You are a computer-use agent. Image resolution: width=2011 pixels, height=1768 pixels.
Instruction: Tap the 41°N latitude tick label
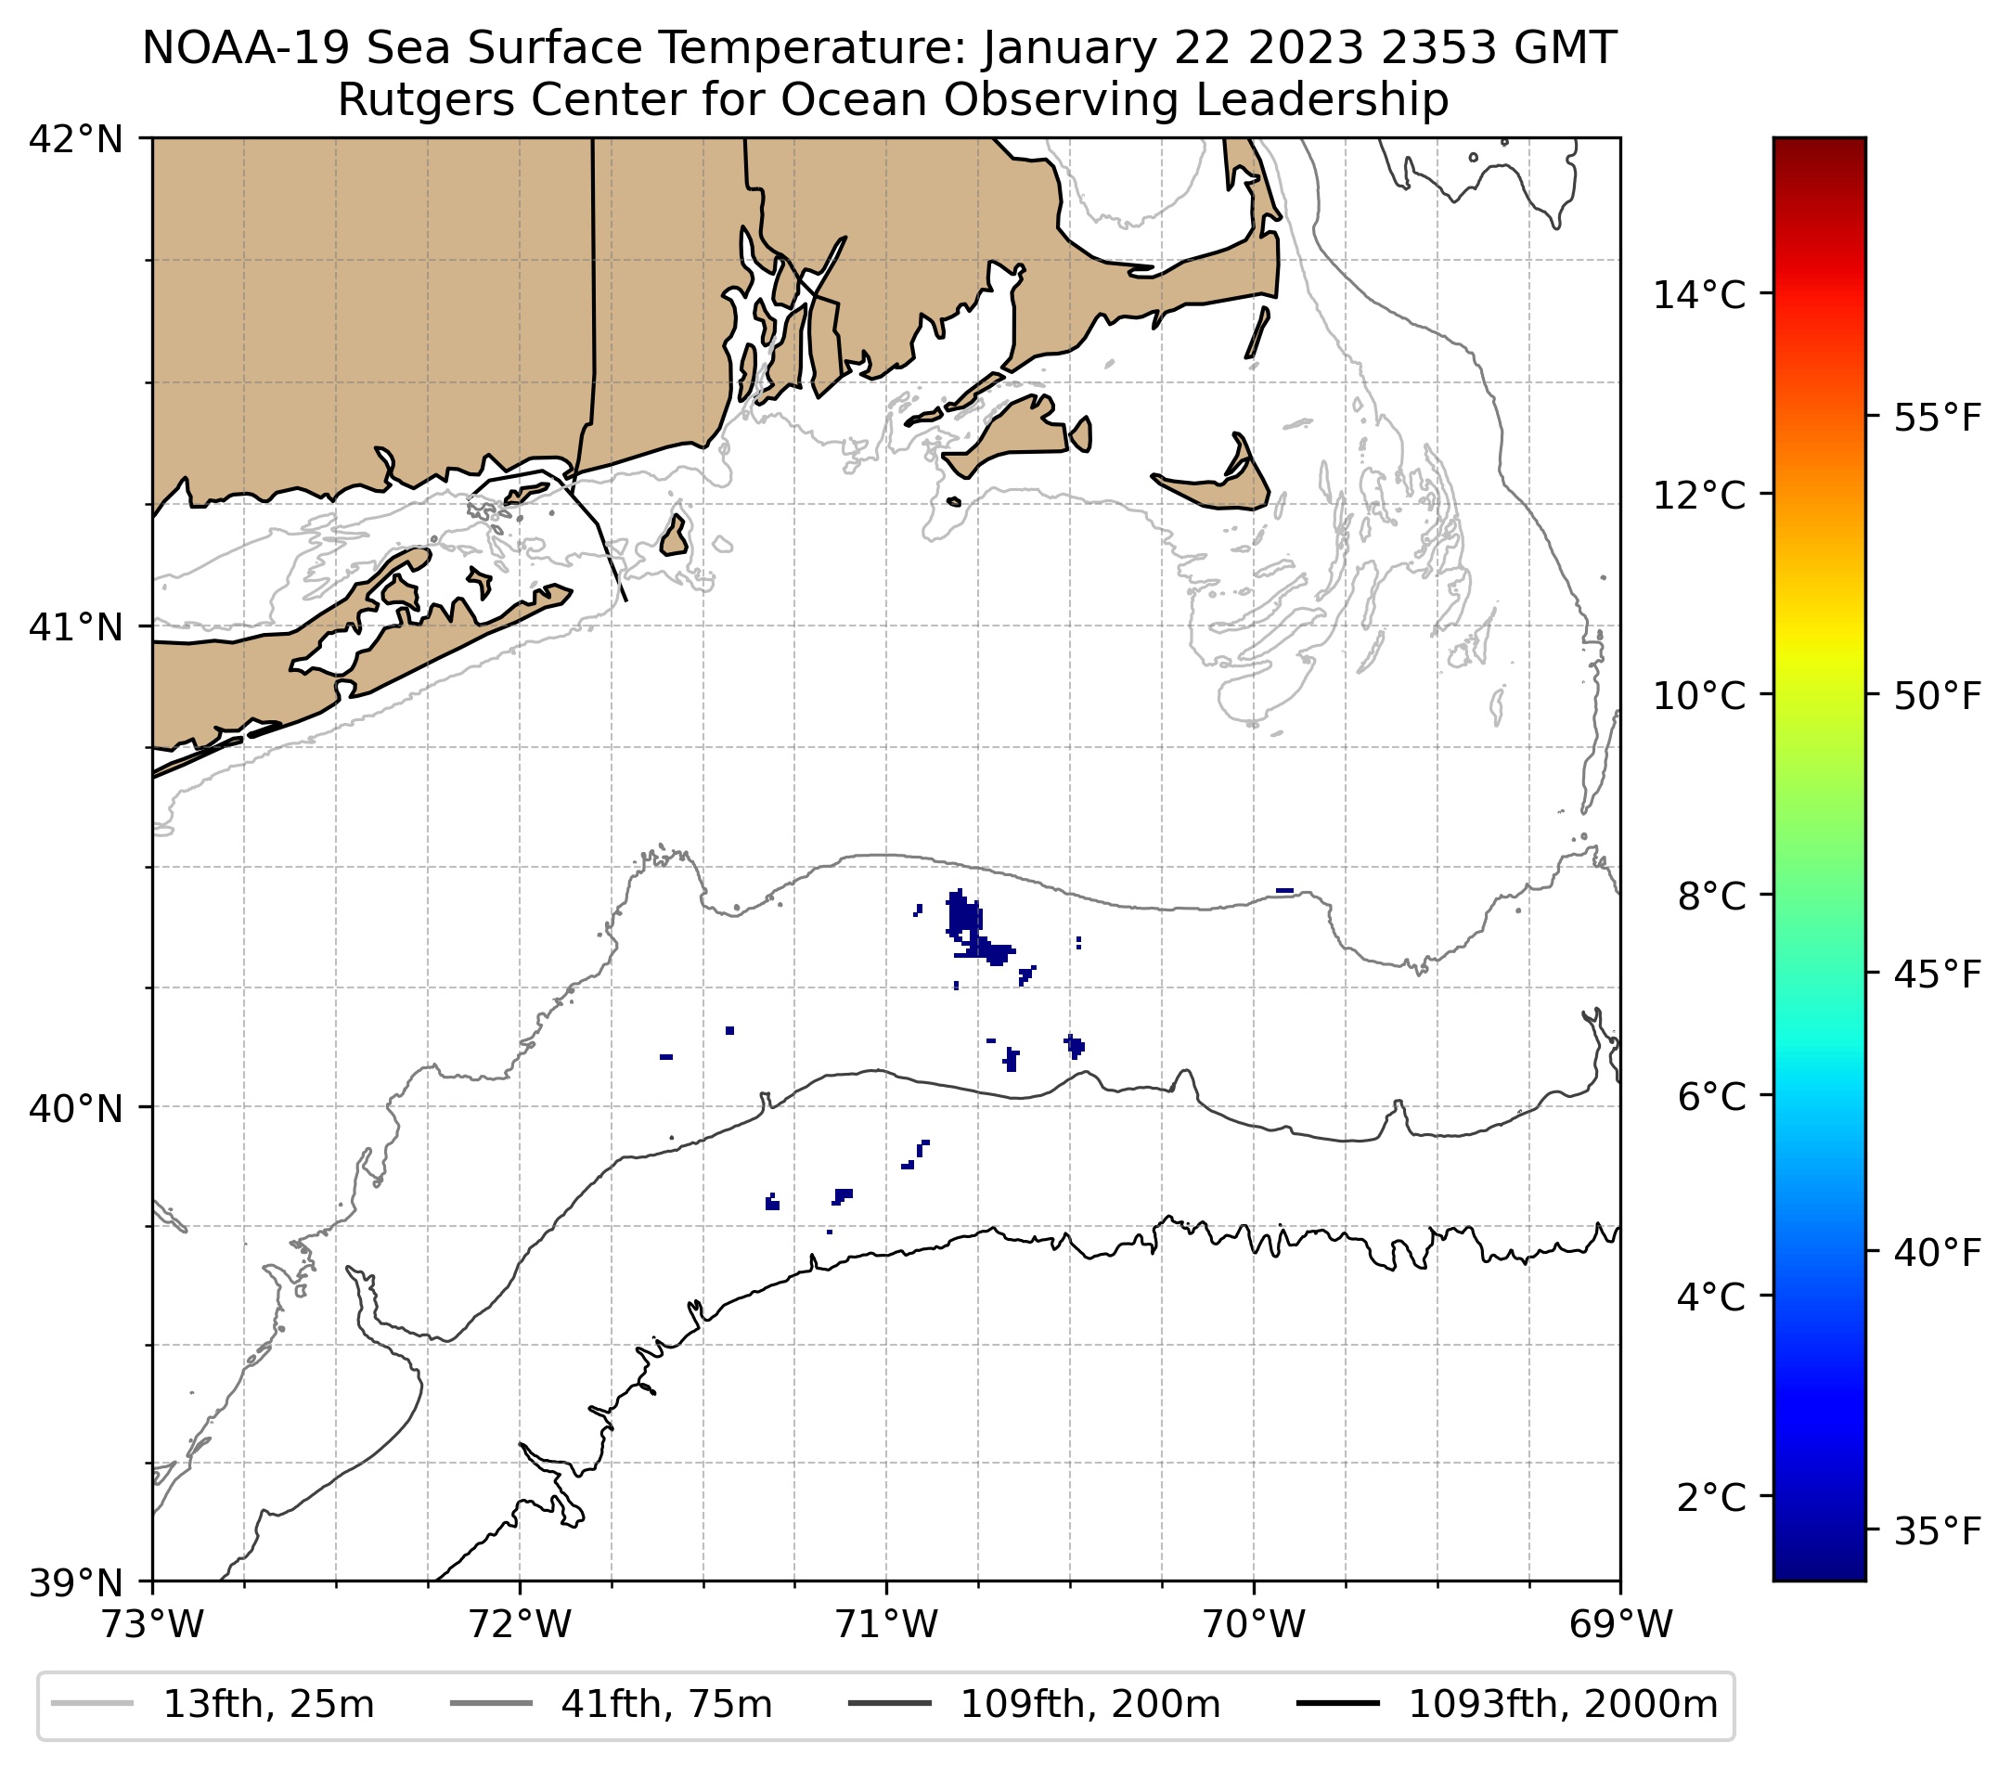tap(76, 626)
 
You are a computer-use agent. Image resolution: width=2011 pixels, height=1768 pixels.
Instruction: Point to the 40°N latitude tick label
tap(76, 1108)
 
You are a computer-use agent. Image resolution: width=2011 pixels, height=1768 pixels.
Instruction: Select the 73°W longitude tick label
tap(152, 1624)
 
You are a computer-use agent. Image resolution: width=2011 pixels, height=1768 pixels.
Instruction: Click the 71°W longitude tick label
tap(886, 1624)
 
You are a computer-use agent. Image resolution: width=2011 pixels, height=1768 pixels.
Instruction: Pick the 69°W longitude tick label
tap(1619, 1624)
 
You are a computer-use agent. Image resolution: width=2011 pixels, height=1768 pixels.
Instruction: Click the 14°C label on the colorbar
tap(1698, 294)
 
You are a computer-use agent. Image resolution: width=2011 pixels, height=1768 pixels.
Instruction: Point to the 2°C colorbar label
tap(1710, 1496)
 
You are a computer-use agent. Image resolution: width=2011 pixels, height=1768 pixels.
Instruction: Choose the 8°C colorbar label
tap(1710, 897)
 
